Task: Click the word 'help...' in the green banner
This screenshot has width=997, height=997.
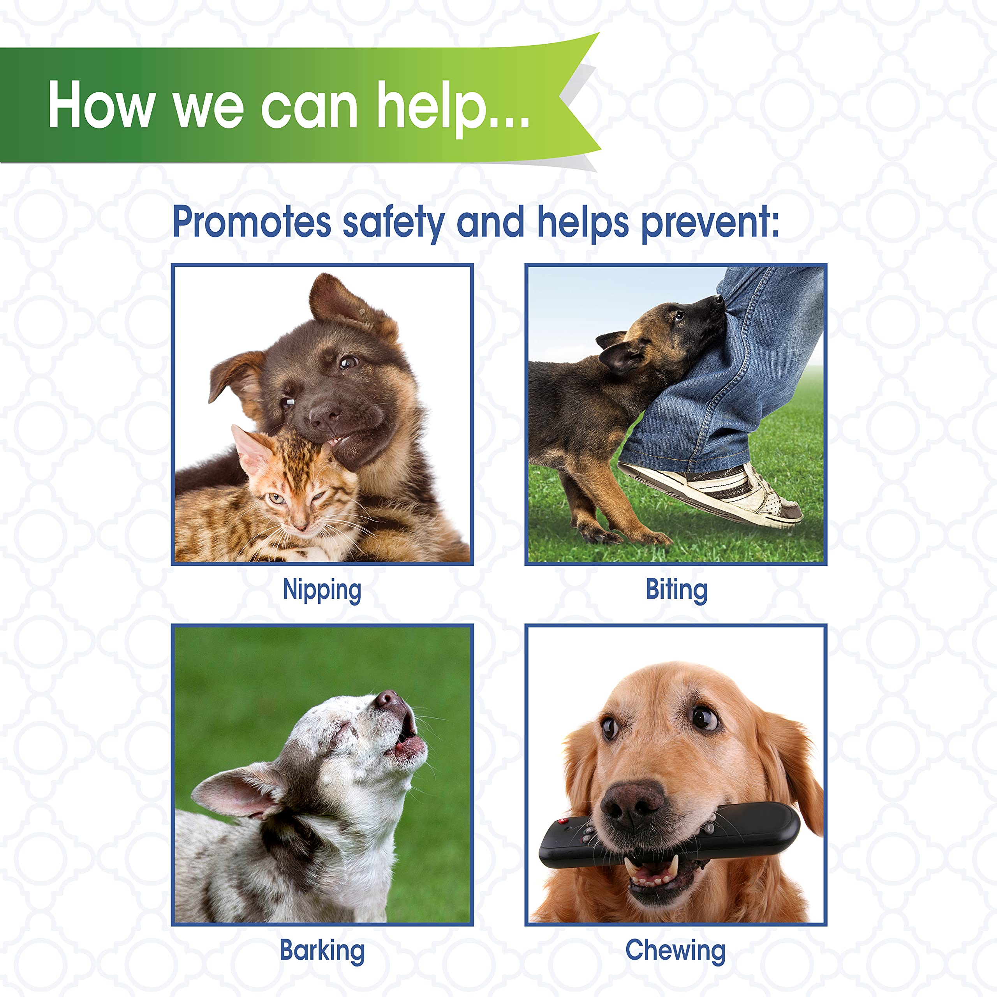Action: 453,107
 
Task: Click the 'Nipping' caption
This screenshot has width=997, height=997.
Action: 322,590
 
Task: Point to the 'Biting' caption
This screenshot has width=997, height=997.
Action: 676,590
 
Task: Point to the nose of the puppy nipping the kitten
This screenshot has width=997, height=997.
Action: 324,414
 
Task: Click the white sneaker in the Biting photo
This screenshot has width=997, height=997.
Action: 717,490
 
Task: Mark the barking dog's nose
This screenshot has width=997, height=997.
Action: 388,701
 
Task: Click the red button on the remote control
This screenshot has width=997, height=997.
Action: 564,821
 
